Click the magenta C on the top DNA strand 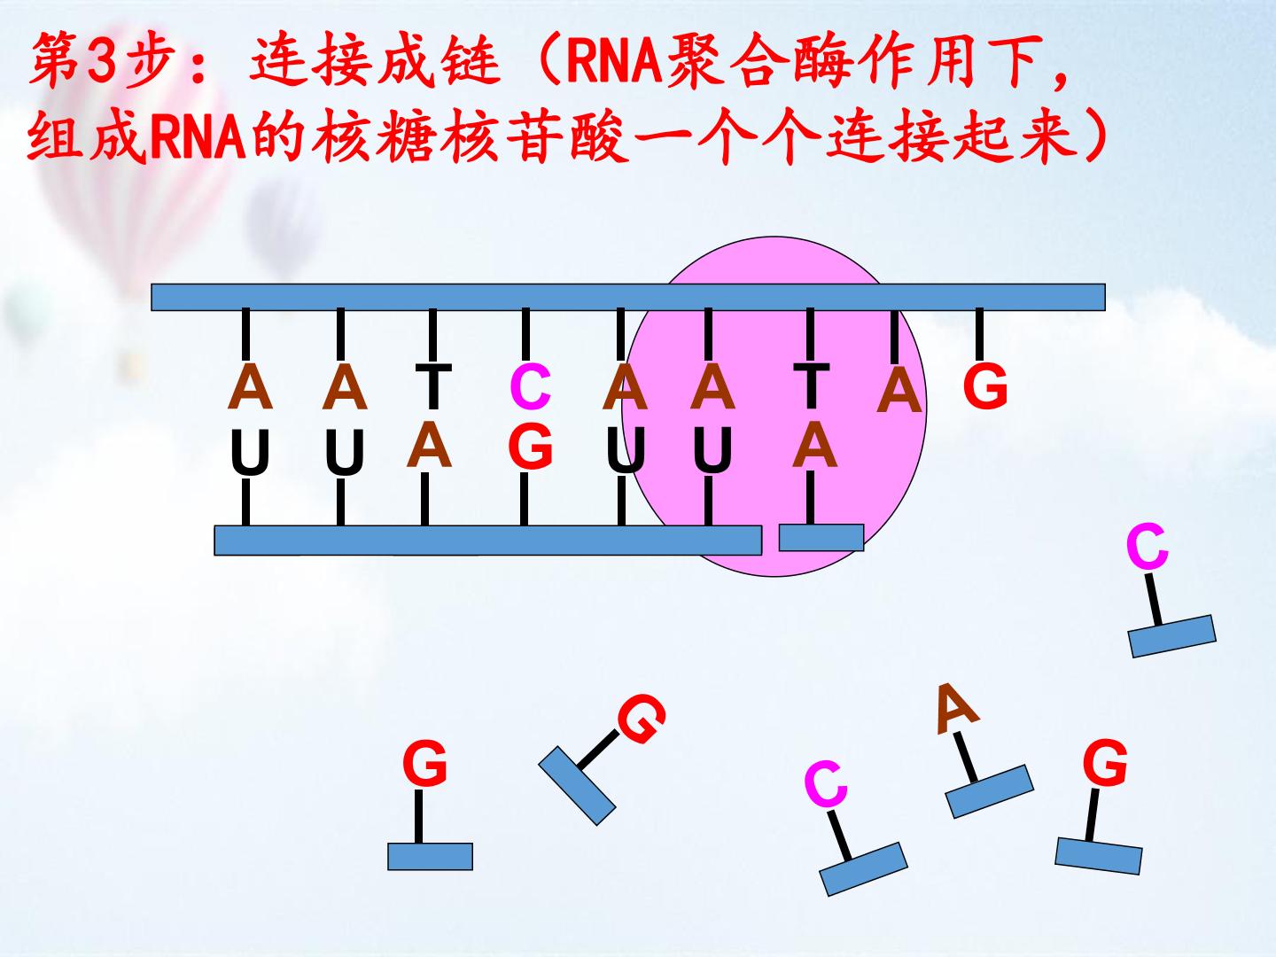pyautogui.click(x=530, y=385)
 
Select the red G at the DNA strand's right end pyautogui.click(x=984, y=385)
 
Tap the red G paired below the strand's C pyautogui.click(x=530, y=447)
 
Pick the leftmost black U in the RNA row pyautogui.click(x=250, y=452)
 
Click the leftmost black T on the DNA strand pyautogui.click(x=433, y=385)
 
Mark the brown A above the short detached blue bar pyautogui.click(x=814, y=445)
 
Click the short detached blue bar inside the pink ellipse pyautogui.click(x=821, y=538)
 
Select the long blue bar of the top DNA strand pyautogui.click(x=628, y=297)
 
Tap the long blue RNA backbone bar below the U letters pyautogui.click(x=487, y=541)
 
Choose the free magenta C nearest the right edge pyautogui.click(x=1147, y=546)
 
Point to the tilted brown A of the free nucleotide pyautogui.click(x=957, y=709)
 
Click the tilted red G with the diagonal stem pyautogui.click(x=642, y=719)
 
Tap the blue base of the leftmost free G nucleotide pyautogui.click(x=430, y=857)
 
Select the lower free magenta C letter pyautogui.click(x=826, y=783)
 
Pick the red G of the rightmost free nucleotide pyautogui.click(x=1105, y=762)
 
